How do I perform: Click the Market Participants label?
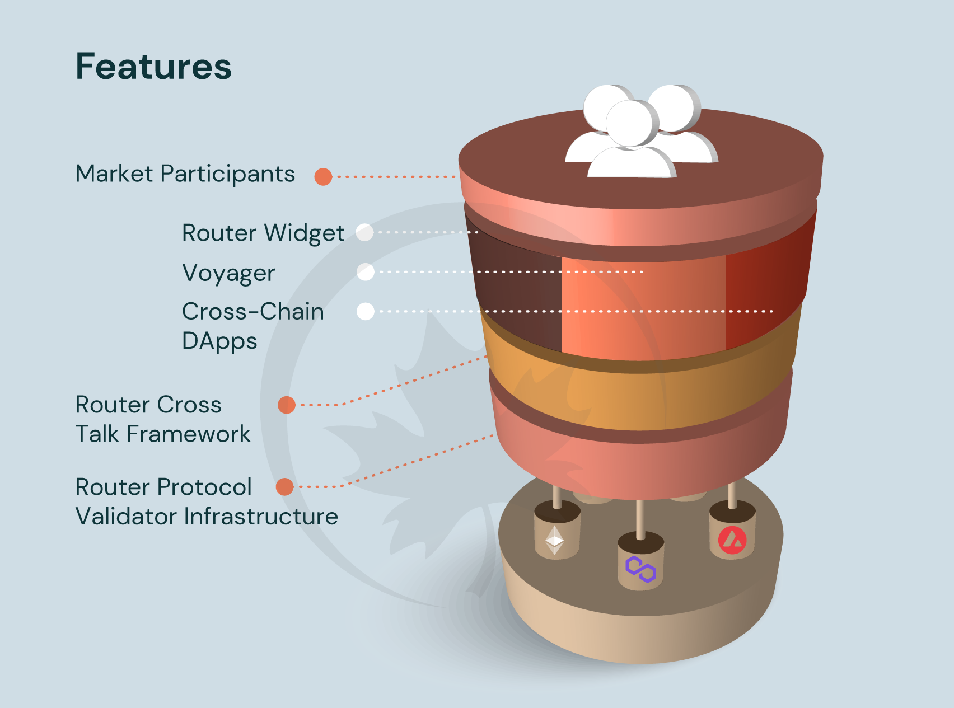coord(185,174)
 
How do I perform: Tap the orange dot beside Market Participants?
coord(323,177)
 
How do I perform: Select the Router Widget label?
coord(263,233)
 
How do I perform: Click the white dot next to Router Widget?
coord(364,232)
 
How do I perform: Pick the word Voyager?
coord(228,274)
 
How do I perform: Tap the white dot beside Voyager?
coord(365,272)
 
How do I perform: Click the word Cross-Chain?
coord(252,312)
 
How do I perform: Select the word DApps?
coord(219,341)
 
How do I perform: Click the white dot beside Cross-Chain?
coord(365,311)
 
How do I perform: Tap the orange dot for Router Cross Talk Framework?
coord(287,405)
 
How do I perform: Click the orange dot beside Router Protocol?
coord(285,487)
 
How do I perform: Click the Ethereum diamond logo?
coord(554,540)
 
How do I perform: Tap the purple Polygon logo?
coord(640,570)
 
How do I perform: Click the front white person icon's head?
coord(631,123)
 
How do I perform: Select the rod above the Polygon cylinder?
coord(640,518)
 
